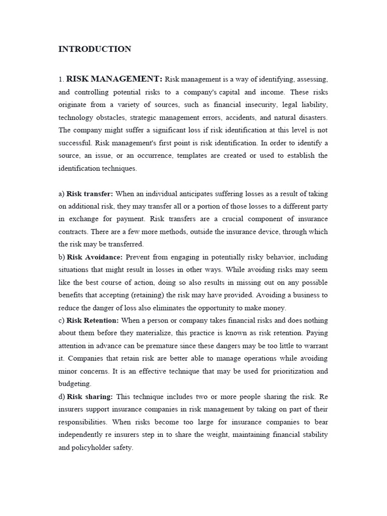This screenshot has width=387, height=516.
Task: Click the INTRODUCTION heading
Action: [x=95, y=49]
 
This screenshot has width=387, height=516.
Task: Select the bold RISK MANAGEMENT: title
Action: [x=114, y=79]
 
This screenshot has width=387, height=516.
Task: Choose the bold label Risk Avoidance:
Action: [x=95, y=257]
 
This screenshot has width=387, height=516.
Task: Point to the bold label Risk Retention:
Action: [x=93, y=320]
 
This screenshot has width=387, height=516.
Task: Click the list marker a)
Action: [x=61, y=193]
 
